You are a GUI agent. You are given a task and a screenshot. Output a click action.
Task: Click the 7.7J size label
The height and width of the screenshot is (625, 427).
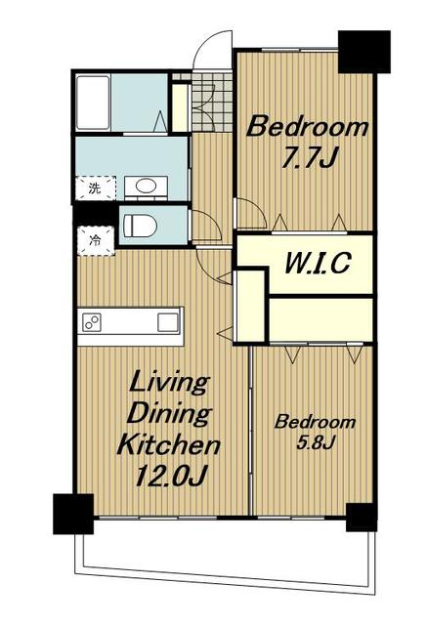coord(309,158)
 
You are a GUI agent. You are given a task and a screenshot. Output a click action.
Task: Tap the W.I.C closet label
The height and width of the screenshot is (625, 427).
coord(318,263)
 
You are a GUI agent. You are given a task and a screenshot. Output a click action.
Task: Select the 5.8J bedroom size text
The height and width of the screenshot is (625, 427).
coord(315,442)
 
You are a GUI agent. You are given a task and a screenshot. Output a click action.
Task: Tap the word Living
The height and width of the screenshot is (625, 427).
coord(169,384)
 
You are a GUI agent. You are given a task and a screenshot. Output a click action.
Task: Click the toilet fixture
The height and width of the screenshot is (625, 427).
coord(139,226)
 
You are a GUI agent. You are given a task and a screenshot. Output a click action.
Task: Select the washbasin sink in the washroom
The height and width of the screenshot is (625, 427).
coord(146,186)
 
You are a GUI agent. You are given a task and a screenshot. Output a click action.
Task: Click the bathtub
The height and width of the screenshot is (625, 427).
coord(93,103)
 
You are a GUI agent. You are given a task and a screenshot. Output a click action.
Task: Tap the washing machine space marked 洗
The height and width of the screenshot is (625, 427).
coord(96,187)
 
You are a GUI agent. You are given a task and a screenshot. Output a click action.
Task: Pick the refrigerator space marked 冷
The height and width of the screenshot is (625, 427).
coord(96,240)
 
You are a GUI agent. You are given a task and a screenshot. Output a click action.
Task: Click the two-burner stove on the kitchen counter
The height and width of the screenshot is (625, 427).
coord(92,322)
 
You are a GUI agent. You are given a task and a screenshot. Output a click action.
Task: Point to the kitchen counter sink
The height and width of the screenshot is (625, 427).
coord(167,322)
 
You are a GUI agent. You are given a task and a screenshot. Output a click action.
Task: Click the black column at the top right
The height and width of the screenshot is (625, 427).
coord(363,52)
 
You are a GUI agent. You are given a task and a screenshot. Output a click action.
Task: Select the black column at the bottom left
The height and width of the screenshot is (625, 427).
coord(73,514)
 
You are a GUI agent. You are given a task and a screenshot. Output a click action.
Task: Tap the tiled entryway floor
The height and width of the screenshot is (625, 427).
coord(212,102)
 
